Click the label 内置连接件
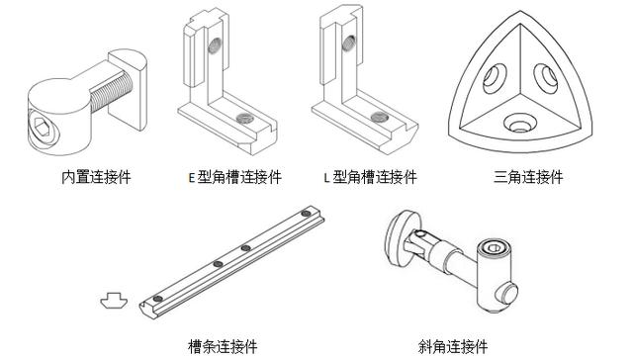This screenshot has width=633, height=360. [96, 177]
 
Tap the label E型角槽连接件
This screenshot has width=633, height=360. [235, 177]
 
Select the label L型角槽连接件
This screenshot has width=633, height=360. [371, 177]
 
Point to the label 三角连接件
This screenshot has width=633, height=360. [528, 177]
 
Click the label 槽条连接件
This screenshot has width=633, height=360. [223, 346]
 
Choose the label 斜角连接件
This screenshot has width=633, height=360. [453, 346]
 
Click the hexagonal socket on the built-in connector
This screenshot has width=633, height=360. [42, 127]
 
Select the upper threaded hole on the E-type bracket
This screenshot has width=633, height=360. [216, 45]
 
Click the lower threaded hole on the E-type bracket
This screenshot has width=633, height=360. [245, 118]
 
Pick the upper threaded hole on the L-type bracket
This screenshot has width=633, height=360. [349, 44]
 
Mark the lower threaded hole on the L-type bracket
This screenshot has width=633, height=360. [380, 117]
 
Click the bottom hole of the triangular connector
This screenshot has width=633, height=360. [520, 124]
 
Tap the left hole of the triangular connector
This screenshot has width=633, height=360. [495, 78]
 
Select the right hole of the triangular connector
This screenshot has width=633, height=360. [546, 78]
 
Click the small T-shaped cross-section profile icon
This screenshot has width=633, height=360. [115, 301]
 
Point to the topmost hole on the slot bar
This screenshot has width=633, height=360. [306, 213]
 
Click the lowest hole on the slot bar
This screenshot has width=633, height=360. [158, 299]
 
